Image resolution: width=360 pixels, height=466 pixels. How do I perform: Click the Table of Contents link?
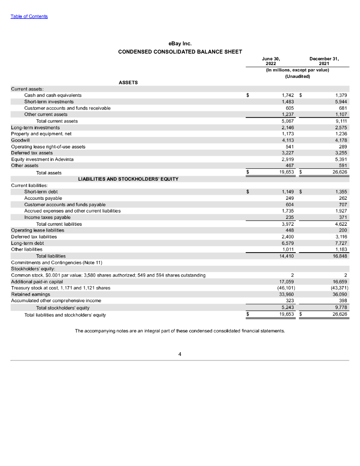coord(29,17)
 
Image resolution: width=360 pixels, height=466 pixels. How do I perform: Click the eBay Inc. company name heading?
coord(180,44)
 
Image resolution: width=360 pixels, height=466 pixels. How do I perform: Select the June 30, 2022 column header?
coord(271,61)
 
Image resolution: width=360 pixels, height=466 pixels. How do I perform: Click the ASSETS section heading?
coord(128,82)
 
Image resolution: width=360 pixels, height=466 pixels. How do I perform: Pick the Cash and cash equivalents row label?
coord(53,95)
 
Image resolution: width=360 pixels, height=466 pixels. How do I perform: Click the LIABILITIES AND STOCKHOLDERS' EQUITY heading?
coord(128,179)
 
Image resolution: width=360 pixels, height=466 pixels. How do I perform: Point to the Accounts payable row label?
coord(43,198)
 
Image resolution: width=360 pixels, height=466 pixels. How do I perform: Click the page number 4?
coord(180,355)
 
